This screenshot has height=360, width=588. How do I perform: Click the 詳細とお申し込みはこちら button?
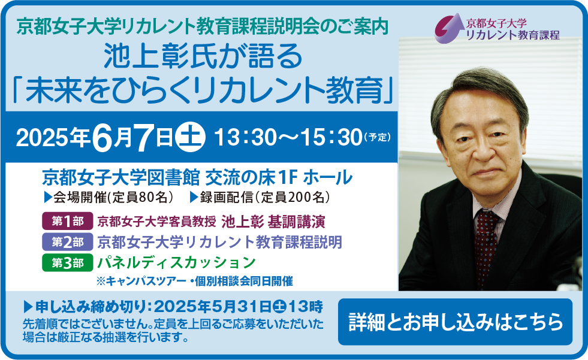[x=455, y=322]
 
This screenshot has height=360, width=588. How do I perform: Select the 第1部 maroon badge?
[x=68, y=222]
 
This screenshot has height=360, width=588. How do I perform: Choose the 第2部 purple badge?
[x=68, y=242]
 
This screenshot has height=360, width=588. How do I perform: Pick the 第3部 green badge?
[x=68, y=262]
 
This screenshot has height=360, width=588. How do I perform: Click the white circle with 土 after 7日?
[x=191, y=137]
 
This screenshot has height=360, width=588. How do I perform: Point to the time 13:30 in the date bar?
[x=245, y=138]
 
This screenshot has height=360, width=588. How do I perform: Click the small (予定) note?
[x=377, y=137]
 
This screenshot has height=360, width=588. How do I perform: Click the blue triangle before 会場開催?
[x=47, y=198]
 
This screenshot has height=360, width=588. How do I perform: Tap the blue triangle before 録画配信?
[x=194, y=198]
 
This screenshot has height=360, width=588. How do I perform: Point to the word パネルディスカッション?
[x=177, y=262]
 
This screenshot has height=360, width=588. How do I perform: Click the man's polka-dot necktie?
[x=486, y=248]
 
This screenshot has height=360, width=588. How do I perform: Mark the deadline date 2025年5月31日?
[x=212, y=307]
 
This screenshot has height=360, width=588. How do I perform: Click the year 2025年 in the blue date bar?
[x=53, y=138]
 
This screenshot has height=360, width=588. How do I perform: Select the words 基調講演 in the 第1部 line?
[x=296, y=222]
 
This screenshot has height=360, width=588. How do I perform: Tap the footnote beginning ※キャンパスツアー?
[x=195, y=281]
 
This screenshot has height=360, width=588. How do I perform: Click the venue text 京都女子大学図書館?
[x=120, y=178]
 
